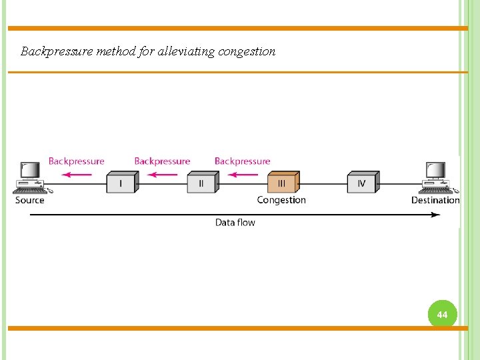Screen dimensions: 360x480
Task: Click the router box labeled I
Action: [x=121, y=182]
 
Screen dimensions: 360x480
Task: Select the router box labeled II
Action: [x=201, y=182]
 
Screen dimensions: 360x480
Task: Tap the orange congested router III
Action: [x=281, y=182]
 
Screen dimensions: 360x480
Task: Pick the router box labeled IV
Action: [x=362, y=182]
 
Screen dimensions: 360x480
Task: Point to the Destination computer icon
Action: [x=437, y=177]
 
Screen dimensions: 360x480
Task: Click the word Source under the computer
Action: [x=30, y=200]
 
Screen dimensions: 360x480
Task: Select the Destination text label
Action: [x=435, y=200]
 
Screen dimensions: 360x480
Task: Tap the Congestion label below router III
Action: [x=281, y=200]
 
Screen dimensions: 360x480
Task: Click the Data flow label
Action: [x=235, y=223]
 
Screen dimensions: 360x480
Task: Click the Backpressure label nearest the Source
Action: [x=77, y=161]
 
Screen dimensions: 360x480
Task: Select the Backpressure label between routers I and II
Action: [x=162, y=161]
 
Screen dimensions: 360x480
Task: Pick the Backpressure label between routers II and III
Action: [x=243, y=161]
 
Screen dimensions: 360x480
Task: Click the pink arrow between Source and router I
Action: [x=77, y=175]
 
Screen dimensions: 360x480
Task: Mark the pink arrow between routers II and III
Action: [x=243, y=175]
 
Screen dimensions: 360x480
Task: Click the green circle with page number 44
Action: [x=442, y=314]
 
